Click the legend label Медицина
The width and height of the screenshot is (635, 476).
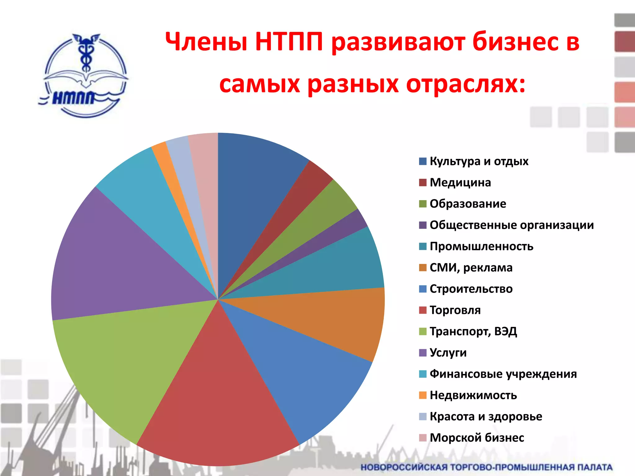tap(460, 183)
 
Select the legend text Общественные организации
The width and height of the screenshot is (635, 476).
tap(512, 225)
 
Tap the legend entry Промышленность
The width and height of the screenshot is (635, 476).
tap(481, 246)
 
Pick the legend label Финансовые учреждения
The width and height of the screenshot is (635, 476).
tap(503, 374)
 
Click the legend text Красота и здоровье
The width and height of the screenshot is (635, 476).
tap(486, 416)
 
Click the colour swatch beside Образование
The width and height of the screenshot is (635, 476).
tap(423, 204)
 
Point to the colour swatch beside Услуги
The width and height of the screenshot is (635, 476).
tap(423, 353)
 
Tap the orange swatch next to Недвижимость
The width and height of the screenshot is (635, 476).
tap(423, 395)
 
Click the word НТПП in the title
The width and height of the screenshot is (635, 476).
tap(289, 42)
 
